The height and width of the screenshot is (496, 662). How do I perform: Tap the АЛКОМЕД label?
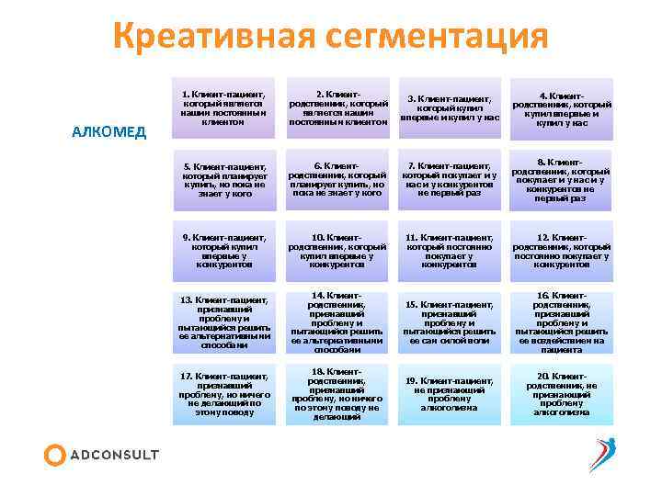[x=108, y=131]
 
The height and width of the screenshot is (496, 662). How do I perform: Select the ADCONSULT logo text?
[x=115, y=455]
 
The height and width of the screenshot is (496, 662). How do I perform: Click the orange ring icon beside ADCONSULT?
[x=55, y=455]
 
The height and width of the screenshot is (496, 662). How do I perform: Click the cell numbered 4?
[x=561, y=107]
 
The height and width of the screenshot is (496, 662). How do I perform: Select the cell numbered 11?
[x=450, y=250]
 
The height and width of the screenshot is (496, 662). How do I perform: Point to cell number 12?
[x=561, y=250]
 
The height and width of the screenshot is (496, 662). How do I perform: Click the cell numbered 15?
[x=450, y=321]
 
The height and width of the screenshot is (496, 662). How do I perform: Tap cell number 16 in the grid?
[x=561, y=321]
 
